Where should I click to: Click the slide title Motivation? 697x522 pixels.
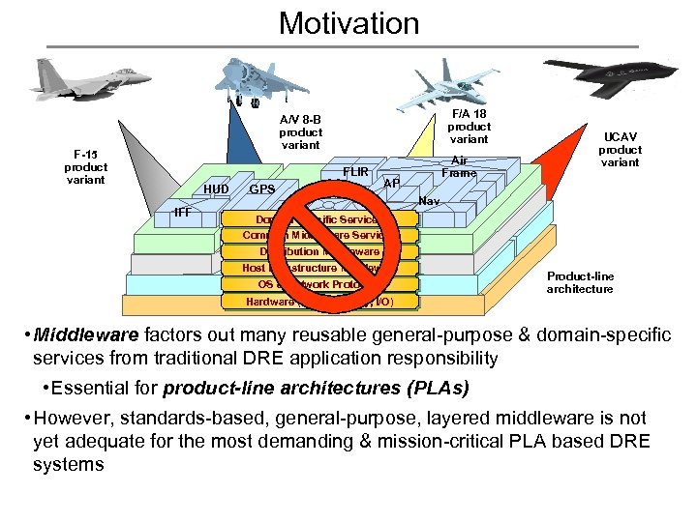[348, 22]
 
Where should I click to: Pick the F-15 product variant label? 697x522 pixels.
[86, 167]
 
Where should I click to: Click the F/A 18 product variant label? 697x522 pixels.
[470, 127]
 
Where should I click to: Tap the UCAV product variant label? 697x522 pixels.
[620, 150]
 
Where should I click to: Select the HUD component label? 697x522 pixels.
[216, 189]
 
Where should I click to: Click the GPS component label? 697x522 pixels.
[261, 189]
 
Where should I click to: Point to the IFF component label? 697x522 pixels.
[181, 212]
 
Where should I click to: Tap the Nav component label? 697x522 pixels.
[431, 201]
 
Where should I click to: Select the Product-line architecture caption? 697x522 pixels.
[580, 282]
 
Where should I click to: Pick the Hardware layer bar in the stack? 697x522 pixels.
[320, 301]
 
